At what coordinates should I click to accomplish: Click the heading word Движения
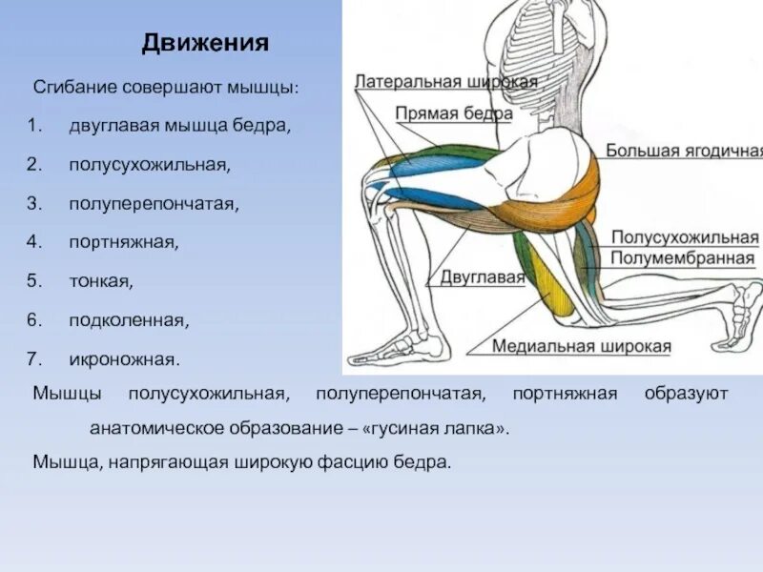205,44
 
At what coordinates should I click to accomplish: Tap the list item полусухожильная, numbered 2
149,165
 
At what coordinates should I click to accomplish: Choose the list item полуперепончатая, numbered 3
154,204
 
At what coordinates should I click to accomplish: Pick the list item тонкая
101,281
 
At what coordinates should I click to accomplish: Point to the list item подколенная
129,320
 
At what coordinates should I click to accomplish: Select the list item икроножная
124,359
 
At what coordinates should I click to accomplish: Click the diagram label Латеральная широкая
445,82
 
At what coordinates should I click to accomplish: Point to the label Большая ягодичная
684,151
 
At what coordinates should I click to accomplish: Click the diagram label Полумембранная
683,258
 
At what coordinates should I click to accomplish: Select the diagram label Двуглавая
483,277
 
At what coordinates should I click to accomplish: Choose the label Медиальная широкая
582,346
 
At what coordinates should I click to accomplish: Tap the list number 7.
31,359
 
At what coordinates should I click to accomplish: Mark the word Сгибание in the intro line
74,87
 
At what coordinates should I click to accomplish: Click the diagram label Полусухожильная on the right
684,237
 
